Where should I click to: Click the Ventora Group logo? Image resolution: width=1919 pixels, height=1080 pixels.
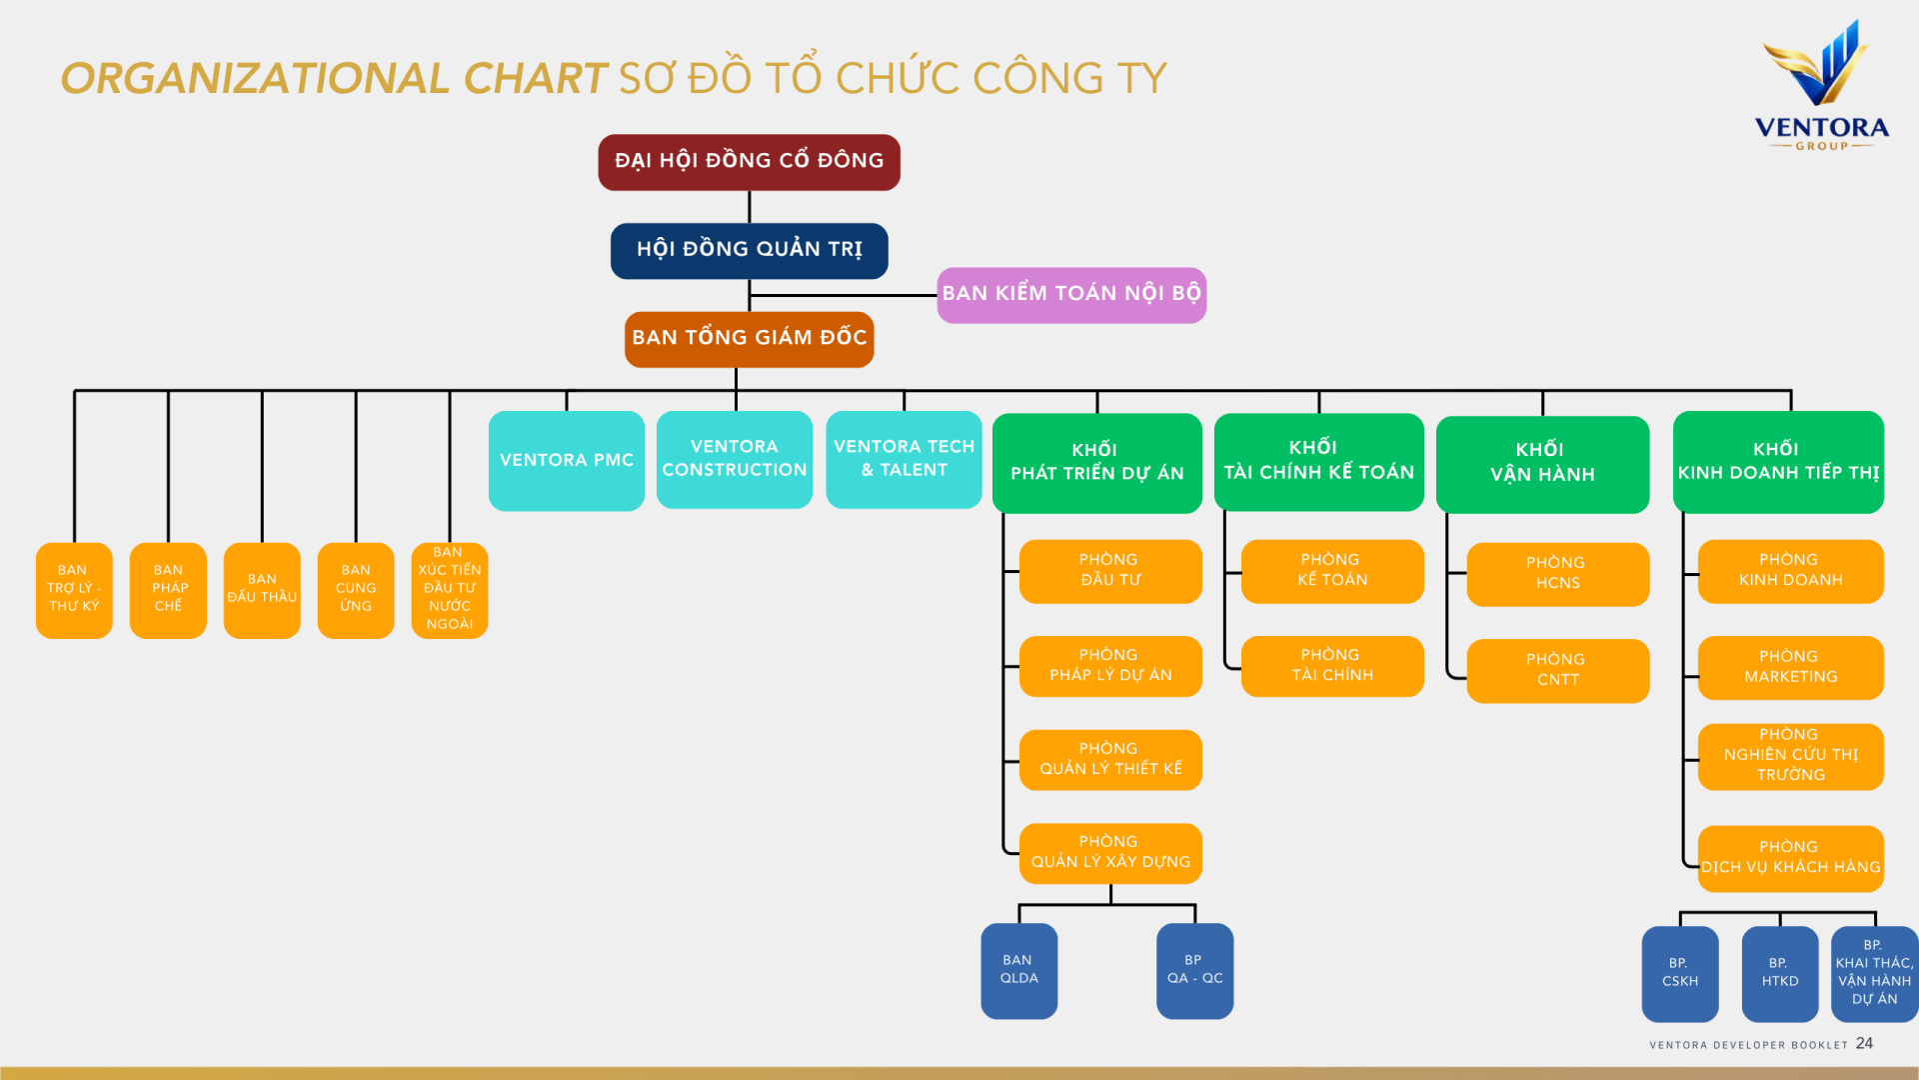tap(1821, 86)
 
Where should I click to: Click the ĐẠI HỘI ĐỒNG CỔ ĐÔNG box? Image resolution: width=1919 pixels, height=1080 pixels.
tap(749, 162)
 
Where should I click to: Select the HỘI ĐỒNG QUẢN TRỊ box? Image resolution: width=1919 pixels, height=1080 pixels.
tap(749, 250)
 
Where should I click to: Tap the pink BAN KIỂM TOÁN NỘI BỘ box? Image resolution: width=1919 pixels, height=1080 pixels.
tap(1071, 294)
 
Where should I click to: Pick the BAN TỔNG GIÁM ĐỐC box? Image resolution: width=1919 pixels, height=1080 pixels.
tap(749, 339)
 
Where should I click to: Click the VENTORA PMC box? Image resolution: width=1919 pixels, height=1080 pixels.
tap(566, 461)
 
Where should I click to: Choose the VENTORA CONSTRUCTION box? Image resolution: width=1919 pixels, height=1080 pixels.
tap(734, 459)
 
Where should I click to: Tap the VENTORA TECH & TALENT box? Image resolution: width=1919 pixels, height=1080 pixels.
tap(904, 459)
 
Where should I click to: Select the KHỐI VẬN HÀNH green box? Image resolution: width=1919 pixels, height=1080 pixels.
tap(1542, 463)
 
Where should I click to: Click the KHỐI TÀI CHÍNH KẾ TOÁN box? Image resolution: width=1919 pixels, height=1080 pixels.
tap(1318, 461)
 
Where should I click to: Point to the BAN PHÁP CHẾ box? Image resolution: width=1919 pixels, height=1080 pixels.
tap(168, 590)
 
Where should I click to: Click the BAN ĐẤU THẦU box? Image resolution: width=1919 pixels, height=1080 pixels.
tap(262, 590)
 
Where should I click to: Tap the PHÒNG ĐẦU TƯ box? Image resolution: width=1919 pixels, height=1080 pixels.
tap(1109, 571)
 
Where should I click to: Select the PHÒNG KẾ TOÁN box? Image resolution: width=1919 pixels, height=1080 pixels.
tap(1331, 571)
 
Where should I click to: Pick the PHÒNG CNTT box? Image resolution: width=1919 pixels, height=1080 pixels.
tap(1557, 670)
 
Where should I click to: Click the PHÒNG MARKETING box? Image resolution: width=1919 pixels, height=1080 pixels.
tap(1790, 667)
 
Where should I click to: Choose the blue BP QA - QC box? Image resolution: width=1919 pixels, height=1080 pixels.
tap(1194, 970)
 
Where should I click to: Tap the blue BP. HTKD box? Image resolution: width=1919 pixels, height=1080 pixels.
tap(1779, 973)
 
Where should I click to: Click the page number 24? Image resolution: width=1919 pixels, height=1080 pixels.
tap(1864, 1043)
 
